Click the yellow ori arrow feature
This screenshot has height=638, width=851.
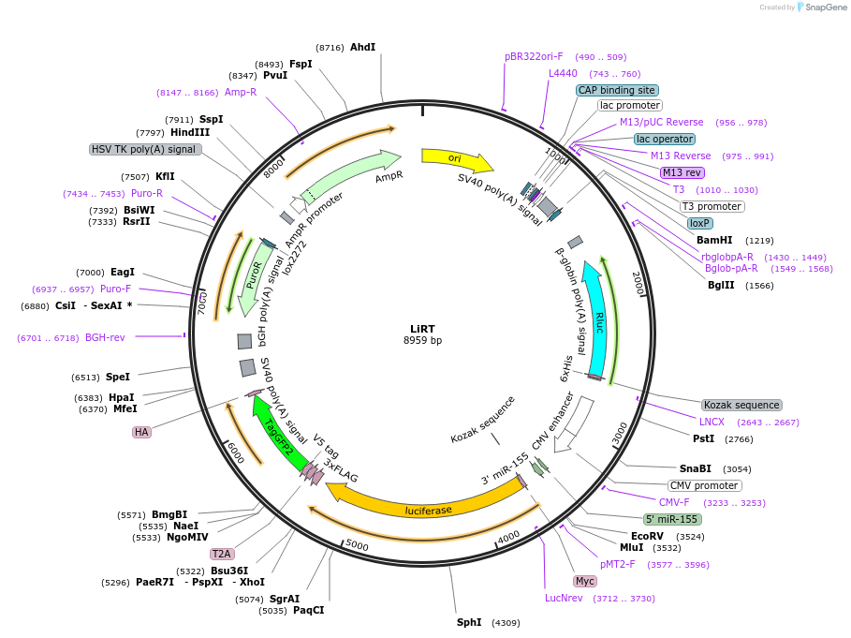click(x=454, y=158)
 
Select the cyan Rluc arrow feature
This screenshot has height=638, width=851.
click(x=597, y=319)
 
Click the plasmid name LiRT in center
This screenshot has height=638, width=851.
click(x=422, y=329)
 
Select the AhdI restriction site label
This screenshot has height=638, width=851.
click(x=362, y=47)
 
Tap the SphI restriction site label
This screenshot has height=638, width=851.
click(x=469, y=622)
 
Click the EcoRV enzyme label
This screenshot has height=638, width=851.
click(x=647, y=536)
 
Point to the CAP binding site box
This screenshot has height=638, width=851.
click(x=616, y=91)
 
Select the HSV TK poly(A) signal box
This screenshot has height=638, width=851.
click(x=145, y=149)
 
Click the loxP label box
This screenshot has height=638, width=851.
click(x=699, y=224)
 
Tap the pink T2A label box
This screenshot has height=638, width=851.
click(x=222, y=554)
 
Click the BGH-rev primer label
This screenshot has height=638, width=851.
click(x=105, y=337)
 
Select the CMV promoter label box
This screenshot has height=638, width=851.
click(x=704, y=485)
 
